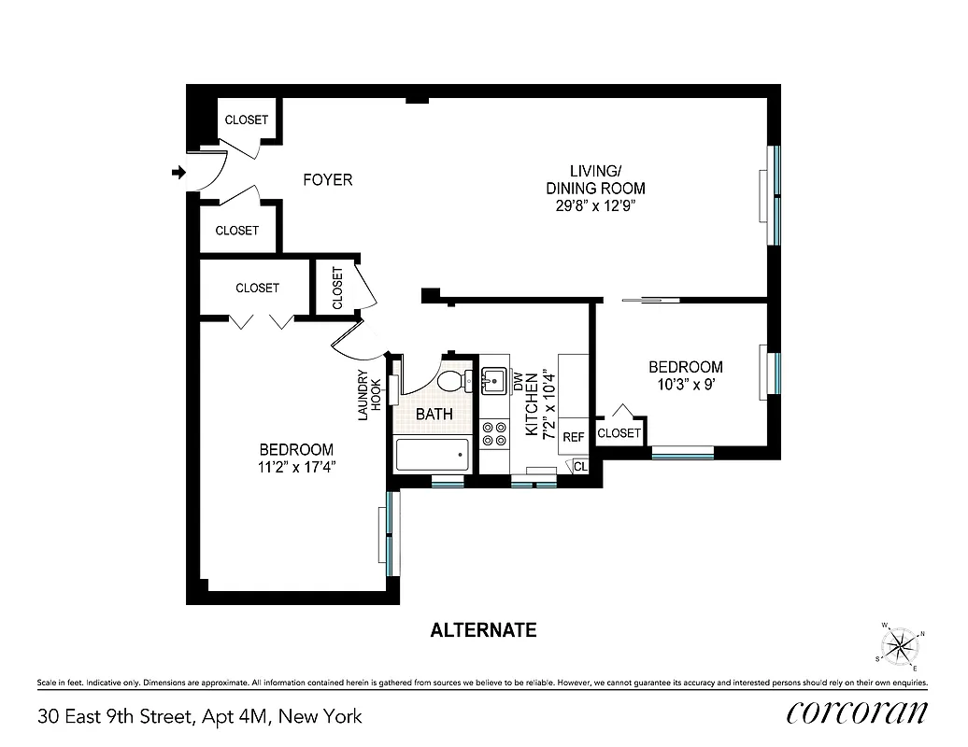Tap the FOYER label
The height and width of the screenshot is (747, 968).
[327, 179]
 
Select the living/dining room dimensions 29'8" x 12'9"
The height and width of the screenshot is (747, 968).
[595, 205]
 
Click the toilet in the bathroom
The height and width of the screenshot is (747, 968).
[454, 381]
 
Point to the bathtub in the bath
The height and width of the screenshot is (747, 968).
[432, 456]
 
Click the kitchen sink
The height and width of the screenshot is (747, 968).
[493, 380]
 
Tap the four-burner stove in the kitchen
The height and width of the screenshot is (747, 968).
[493, 432]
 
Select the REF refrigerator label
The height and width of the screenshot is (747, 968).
[574, 437]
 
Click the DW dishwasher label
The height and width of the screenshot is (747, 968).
[517, 381]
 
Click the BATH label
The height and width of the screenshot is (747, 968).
[434, 414]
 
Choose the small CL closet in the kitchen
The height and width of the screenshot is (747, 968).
[579, 465]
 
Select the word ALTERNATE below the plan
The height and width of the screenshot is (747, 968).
[483, 630]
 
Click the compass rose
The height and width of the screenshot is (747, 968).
[900, 644]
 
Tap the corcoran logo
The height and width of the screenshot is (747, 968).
[856, 713]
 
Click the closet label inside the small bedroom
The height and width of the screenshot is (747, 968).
[619, 433]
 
